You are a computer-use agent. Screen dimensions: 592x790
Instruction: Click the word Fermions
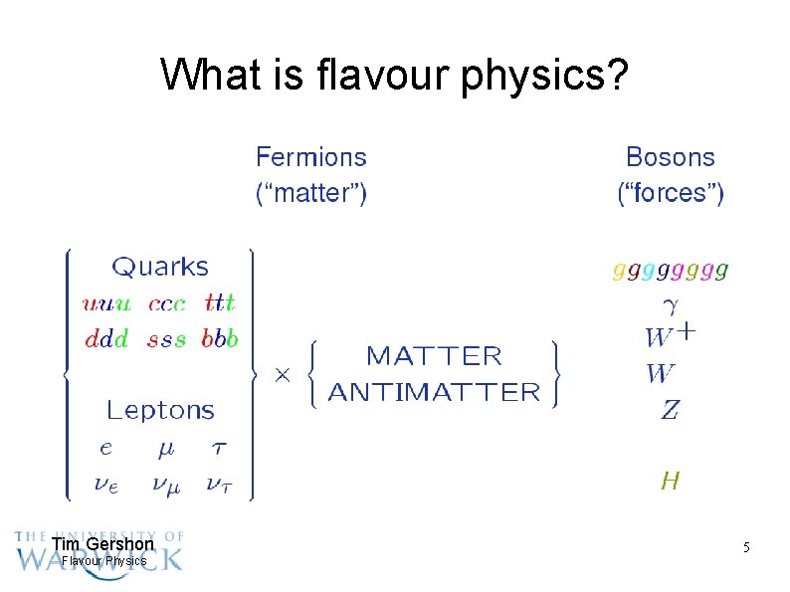310,157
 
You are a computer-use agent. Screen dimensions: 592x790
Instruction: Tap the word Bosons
670,157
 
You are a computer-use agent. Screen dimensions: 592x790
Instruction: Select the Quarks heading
160,267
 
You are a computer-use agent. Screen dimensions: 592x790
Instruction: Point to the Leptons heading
160,410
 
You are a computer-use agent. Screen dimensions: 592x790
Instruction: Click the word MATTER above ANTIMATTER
435,356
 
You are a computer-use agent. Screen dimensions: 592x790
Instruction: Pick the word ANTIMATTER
434,392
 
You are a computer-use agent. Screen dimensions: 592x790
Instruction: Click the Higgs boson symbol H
671,482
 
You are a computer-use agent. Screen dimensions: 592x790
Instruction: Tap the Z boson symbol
670,409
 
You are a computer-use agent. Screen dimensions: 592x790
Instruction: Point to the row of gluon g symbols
671,269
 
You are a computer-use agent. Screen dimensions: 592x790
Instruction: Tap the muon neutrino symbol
166,485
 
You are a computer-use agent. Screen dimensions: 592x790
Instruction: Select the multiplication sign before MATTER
282,375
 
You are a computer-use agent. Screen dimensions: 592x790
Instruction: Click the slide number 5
745,548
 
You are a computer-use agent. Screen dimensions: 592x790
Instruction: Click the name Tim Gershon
102,544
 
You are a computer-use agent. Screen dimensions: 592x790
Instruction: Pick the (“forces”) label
671,193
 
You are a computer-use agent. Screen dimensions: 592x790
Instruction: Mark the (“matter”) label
310,193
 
